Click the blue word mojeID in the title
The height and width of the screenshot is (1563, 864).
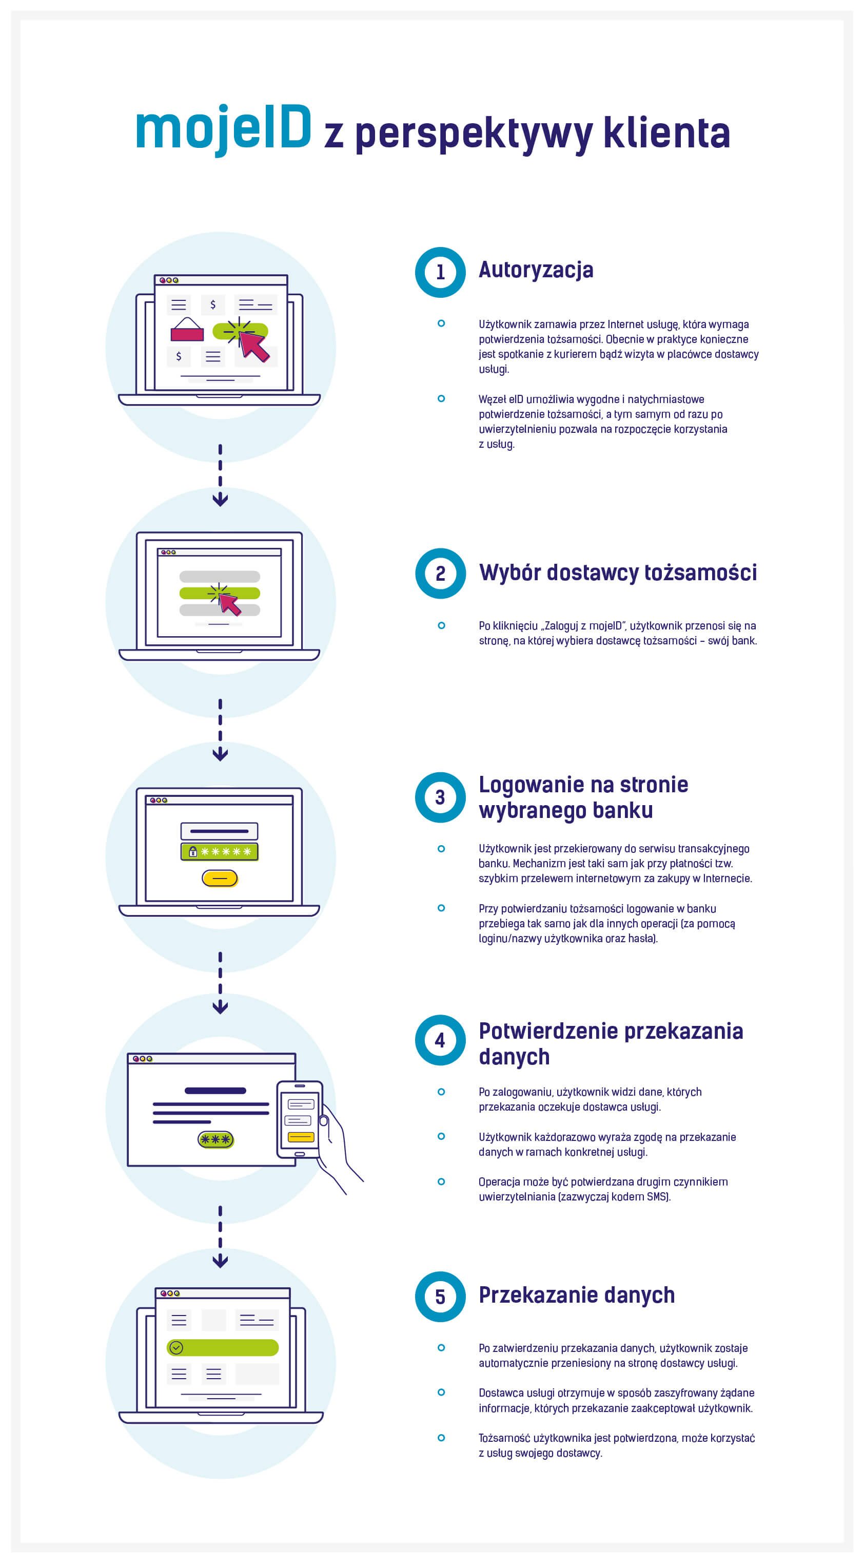[x=223, y=129]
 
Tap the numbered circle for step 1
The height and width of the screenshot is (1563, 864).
[x=440, y=273]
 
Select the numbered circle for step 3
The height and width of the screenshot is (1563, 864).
[x=440, y=797]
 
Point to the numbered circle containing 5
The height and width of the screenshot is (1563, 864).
[x=440, y=1297]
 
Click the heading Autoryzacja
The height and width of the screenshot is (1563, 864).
[x=536, y=270]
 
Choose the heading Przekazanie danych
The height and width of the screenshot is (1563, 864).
[x=577, y=1295]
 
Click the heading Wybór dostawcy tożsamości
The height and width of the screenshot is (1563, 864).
[x=618, y=572]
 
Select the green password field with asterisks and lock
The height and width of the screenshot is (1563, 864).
[x=220, y=851]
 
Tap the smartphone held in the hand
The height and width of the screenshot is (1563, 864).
[x=300, y=1119]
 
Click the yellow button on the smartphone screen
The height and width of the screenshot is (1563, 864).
[x=301, y=1136]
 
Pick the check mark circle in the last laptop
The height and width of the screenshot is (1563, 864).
[x=176, y=1348]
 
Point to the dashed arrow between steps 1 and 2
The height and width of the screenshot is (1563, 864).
[x=220, y=475]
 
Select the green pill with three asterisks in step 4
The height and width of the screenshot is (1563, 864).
[x=216, y=1139]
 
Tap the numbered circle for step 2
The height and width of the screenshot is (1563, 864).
[x=440, y=574]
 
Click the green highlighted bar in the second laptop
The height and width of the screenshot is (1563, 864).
[x=220, y=593]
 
